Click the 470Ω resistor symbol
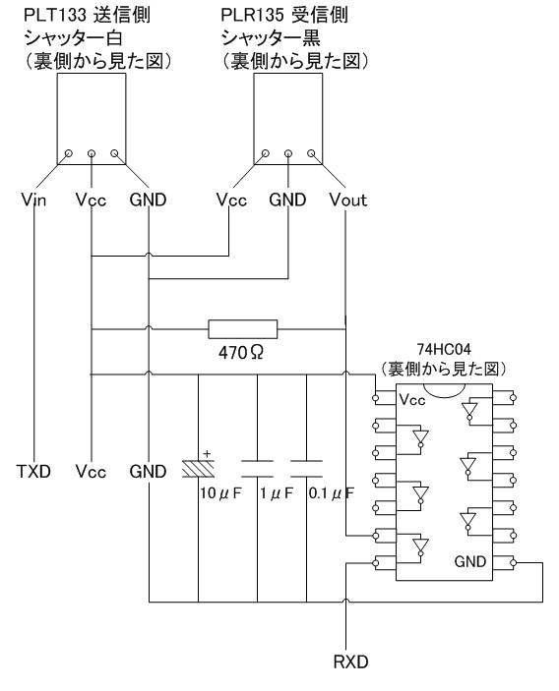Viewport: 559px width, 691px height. click(x=243, y=329)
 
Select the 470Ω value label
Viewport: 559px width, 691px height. click(x=241, y=353)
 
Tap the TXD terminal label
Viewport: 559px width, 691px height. click(x=34, y=472)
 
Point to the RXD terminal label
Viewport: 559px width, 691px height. click(x=350, y=662)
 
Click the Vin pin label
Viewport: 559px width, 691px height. click(x=33, y=200)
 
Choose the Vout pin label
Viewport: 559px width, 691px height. click(x=348, y=200)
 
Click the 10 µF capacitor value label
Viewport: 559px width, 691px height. click(x=221, y=493)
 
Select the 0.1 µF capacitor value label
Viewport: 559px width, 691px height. click(x=332, y=493)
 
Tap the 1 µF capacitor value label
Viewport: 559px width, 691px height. click(x=277, y=493)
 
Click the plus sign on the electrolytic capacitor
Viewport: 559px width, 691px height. click(x=207, y=453)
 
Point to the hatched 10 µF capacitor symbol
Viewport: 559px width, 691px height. click(x=199, y=469)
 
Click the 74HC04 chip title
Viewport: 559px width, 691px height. click(x=444, y=349)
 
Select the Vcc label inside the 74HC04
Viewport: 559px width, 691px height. click(x=412, y=400)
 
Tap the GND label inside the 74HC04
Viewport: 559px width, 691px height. click(x=470, y=562)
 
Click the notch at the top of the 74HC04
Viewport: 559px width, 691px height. click(x=444, y=391)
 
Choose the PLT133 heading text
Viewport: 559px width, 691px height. click(x=55, y=16)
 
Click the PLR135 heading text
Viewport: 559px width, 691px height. click(x=252, y=16)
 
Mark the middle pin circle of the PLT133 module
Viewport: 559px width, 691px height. click(x=92, y=153)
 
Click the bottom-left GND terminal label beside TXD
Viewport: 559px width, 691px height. click(x=148, y=472)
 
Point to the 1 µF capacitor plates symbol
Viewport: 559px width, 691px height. click(x=257, y=469)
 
